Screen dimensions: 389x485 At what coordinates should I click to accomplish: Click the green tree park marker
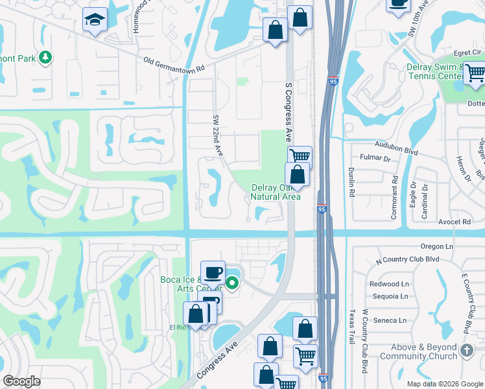coord(45,58)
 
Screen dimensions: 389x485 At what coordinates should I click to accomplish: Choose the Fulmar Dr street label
coord(377,158)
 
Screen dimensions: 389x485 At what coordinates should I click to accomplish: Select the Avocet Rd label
coord(458,222)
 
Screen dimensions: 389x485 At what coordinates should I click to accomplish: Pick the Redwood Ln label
coord(389,284)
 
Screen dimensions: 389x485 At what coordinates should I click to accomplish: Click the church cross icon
coord(466,351)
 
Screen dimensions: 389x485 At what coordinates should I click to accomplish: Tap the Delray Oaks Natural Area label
coord(276,192)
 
